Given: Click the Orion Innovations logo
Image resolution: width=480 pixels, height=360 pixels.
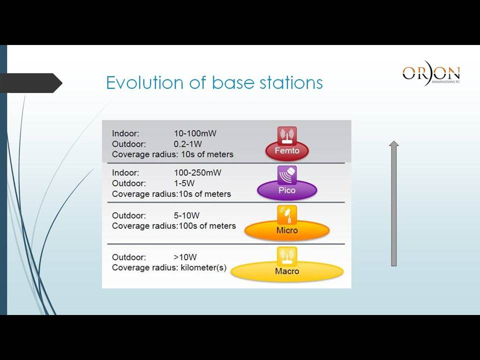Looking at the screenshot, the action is (x=431, y=73).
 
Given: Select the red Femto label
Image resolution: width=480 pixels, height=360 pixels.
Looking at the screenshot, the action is (x=287, y=150).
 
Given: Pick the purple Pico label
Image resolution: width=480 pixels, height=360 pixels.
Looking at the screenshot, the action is (x=287, y=190).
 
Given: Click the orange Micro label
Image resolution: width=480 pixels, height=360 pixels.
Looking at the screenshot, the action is (x=287, y=230).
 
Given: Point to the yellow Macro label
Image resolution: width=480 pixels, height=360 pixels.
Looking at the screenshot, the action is (x=287, y=271).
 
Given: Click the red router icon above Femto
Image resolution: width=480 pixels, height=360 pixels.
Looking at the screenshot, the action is (x=287, y=136).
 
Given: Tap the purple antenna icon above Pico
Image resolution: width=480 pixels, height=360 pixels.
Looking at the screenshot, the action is (x=287, y=175).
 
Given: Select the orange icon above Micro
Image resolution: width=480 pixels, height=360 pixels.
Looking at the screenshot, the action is (x=287, y=214).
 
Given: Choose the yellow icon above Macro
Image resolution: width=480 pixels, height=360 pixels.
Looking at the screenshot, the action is (x=287, y=256).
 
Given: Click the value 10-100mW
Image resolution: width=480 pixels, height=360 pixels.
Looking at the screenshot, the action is (x=195, y=133).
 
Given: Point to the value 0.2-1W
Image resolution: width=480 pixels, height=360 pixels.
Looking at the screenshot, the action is (x=187, y=144).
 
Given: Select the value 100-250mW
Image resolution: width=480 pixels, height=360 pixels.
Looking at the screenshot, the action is (x=197, y=172).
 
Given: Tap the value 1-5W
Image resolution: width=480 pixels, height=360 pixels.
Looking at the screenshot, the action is (x=184, y=183).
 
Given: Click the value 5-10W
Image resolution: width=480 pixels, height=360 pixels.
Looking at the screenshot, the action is (x=186, y=215).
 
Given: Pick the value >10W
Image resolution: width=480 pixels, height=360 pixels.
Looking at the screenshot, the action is (x=185, y=257).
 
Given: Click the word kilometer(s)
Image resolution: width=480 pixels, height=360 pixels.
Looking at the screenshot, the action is (x=203, y=267).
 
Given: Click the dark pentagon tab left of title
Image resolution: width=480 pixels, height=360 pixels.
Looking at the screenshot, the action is (x=30, y=82).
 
